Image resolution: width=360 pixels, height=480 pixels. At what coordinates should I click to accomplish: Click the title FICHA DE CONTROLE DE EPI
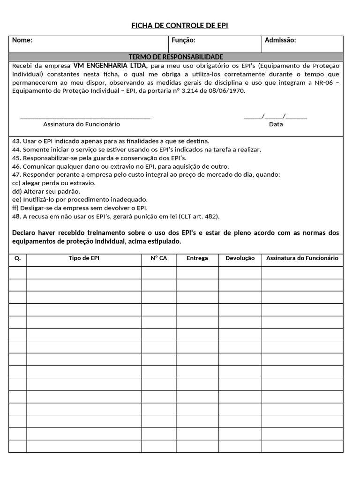tap(180, 25)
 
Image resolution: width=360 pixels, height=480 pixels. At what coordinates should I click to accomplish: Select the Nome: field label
tap(22, 40)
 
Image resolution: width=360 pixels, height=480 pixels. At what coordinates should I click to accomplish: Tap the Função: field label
tap(183, 40)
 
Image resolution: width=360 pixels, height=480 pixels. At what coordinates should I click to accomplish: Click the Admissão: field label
tap(280, 40)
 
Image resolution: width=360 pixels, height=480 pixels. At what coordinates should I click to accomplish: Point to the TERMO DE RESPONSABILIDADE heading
tap(176, 57)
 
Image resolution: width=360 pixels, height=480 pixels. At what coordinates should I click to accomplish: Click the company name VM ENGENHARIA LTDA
tap(110, 65)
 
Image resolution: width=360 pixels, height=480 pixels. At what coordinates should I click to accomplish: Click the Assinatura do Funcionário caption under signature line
tap(82, 124)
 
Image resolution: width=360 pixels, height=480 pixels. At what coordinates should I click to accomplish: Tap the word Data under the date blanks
tap(276, 124)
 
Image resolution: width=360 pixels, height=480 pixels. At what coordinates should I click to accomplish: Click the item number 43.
tap(16, 141)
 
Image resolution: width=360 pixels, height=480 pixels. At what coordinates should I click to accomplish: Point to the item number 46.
tap(16, 166)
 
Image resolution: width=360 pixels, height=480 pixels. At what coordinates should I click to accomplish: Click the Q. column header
tap(18, 258)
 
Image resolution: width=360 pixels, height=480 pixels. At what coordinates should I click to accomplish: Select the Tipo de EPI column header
tap(84, 258)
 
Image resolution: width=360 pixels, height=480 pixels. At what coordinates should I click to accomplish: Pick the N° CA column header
tap(158, 258)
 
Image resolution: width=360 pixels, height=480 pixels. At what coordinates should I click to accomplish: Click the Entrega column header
tap(197, 258)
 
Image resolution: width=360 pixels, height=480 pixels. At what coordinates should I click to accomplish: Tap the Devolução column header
tap(240, 258)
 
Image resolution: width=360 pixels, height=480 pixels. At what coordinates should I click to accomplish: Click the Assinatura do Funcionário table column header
tap(302, 258)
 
